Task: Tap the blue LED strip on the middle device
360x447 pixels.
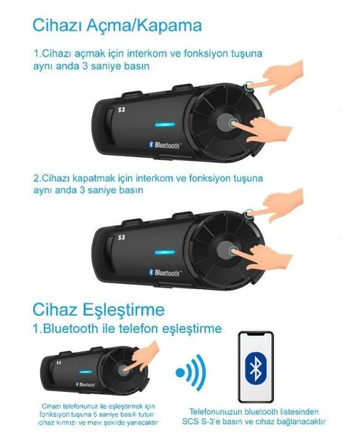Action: pyautogui.click(x=164, y=251)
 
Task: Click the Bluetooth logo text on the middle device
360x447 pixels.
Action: pyautogui.click(x=165, y=273)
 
